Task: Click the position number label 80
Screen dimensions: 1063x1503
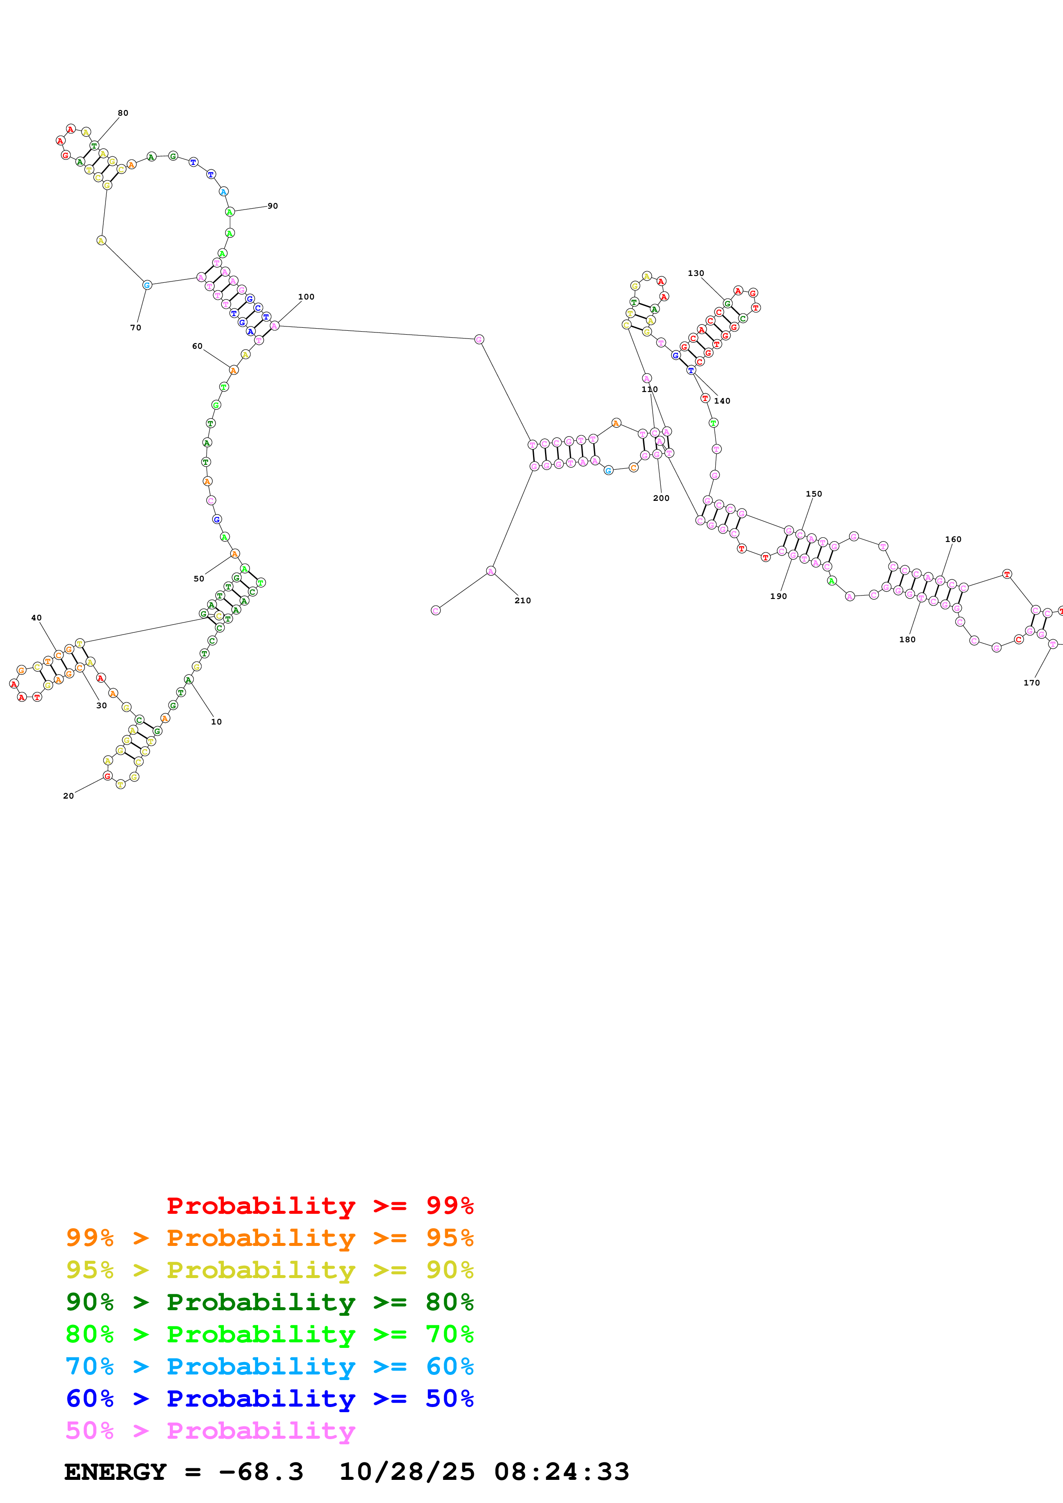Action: click(123, 113)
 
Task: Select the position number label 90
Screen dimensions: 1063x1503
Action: click(272, 206)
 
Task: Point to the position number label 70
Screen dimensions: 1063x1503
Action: click(136, 328)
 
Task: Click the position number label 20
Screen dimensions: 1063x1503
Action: click(68, 796)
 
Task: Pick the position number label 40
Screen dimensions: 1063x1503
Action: click(37, 618)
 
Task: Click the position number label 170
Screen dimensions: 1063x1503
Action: click(1032, 683)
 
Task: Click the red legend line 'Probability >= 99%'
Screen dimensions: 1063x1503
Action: click(319, 1206)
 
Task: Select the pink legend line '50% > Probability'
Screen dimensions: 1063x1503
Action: click(210, 1431)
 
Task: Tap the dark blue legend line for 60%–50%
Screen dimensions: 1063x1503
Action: click(269, 1399)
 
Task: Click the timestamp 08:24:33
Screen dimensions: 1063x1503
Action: click(561, 1472)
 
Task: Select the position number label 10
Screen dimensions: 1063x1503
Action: click(216, 722)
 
